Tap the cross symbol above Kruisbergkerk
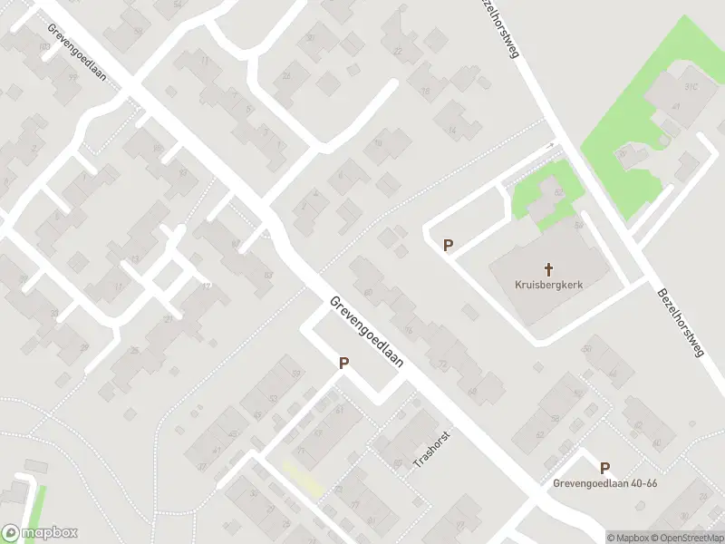pos(547,269)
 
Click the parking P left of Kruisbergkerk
pos(448,245)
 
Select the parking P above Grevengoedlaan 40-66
pos(604,468)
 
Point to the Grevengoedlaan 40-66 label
pos(604,483)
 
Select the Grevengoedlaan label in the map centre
pos(368,332)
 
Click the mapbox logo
pos(41,533)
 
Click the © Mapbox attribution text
pos(628,538)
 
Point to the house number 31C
pos(691,87)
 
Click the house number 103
pos(44,45)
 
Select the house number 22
pos(396,52)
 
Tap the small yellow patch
pos(304,478)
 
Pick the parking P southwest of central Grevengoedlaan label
pos(343,363)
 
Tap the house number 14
pos(451,130)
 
